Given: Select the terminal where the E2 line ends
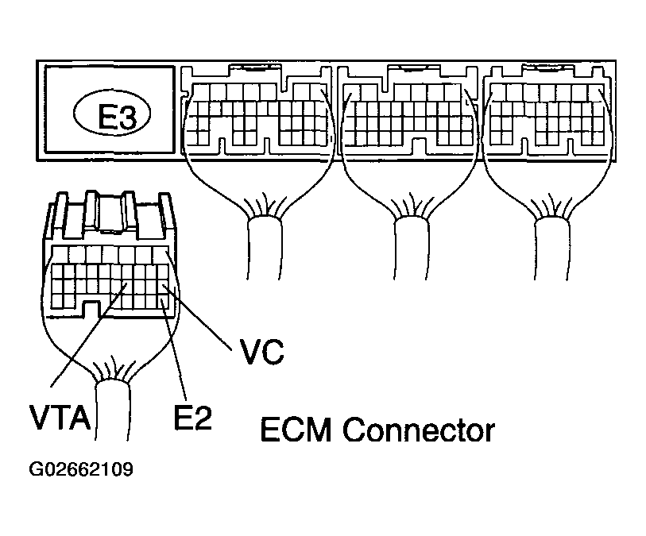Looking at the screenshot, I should (162, 302).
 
